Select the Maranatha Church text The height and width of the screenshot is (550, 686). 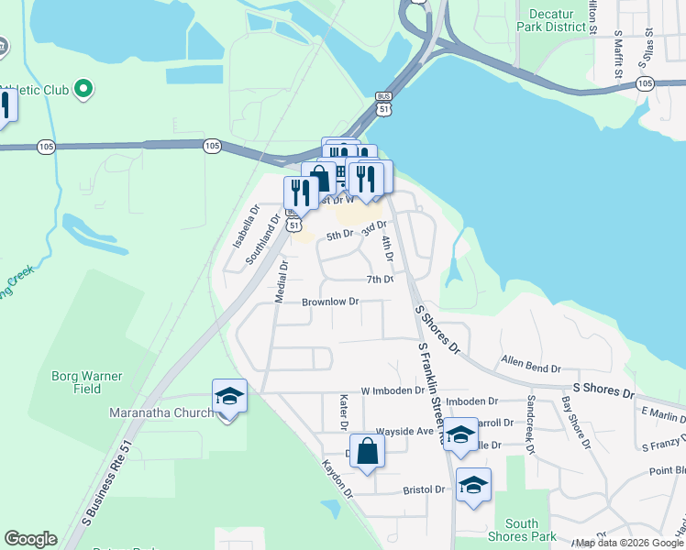click(161, 412)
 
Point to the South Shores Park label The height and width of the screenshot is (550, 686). click(523, 530)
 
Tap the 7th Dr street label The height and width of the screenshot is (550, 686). click(380, 279)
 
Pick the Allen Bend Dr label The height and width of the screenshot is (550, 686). click(530, 367)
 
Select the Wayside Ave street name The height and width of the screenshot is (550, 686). click(404, 431)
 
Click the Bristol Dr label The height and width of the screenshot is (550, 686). click(424, 490)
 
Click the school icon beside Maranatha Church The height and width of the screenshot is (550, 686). click(229, 396)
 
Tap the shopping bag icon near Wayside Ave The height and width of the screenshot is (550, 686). click(367, 451)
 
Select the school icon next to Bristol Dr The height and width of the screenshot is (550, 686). click(473, 485)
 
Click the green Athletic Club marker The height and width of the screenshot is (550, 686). click(83, 89)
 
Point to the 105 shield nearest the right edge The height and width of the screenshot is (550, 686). click(645, 83)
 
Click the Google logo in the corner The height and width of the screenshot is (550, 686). click(30, 539)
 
